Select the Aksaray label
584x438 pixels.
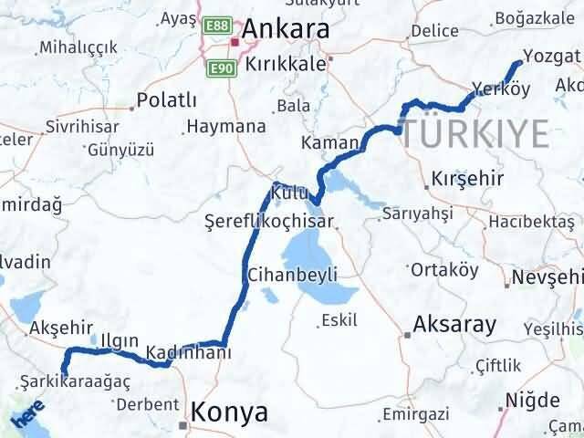pyautogui.click(x=454, y=324)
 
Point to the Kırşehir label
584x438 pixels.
pyautogui.click(x=467, y=178)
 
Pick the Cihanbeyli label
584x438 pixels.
pyautogui.click(x=293, y=275)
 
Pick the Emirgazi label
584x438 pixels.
pyautogui.click(x=416, y=415)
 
